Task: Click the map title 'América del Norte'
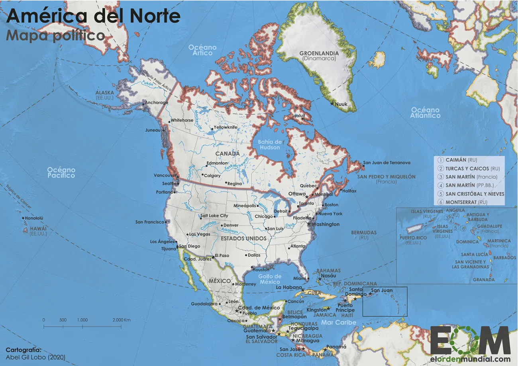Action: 93,16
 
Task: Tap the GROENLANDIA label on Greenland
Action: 319,53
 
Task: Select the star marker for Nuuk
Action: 332,104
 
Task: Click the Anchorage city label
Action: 157,103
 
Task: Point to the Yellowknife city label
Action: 226,127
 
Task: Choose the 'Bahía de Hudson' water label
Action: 270,144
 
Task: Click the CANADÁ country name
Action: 228,154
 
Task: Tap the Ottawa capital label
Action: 296,194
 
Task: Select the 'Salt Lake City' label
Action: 214,216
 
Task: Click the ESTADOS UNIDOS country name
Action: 243,238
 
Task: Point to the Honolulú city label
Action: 34,218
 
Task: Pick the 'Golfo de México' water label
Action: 270,279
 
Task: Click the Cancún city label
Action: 296,301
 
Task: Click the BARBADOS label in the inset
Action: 505,258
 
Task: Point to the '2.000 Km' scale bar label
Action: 122,320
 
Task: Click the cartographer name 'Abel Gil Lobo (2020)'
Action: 35,357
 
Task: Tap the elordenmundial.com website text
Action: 470,358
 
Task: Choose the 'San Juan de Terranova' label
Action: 387,163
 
